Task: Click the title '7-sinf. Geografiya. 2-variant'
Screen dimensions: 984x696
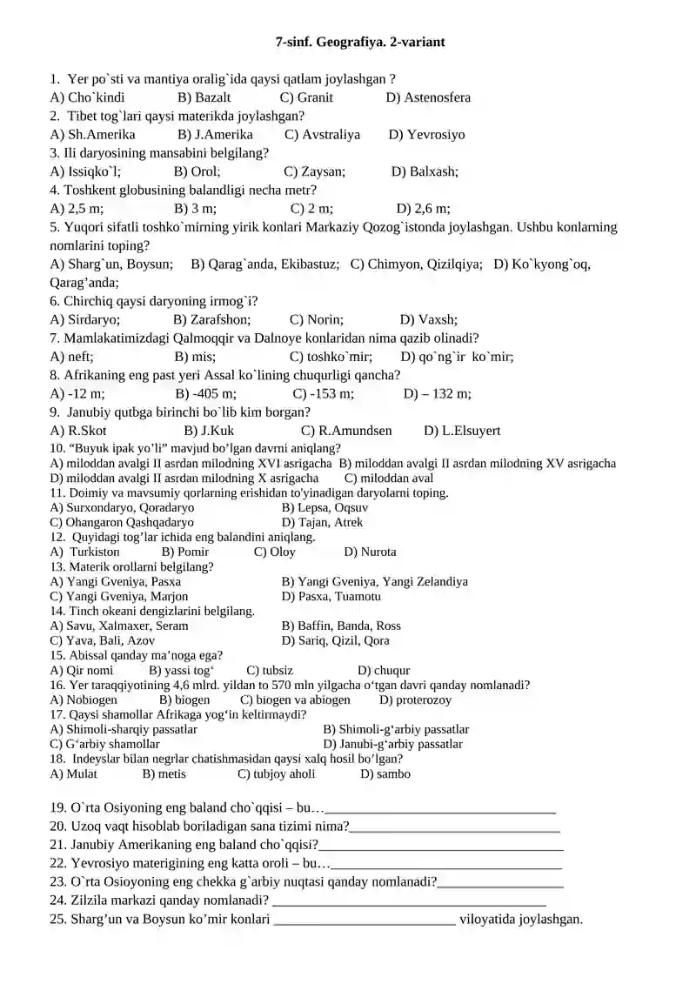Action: tap(360, 41)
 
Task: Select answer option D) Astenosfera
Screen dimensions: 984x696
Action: tap(428, 97)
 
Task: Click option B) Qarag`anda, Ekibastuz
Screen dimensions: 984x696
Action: tap(264, 264)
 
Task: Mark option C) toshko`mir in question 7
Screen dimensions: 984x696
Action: tap(331, 357)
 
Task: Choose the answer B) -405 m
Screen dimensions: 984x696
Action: tap(199, 393)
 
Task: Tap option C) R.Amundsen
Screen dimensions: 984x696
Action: tap(346, 431)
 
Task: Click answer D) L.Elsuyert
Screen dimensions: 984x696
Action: tap(462, 431)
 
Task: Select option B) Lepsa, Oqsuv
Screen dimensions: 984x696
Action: tap(325, 507)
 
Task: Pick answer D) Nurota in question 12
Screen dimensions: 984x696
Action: tap(370, 552)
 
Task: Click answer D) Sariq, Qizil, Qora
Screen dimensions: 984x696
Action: tap(335, 640)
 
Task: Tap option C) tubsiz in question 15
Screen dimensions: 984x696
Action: tap(270, 671)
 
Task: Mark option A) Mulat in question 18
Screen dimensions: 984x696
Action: tap(74, 773)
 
